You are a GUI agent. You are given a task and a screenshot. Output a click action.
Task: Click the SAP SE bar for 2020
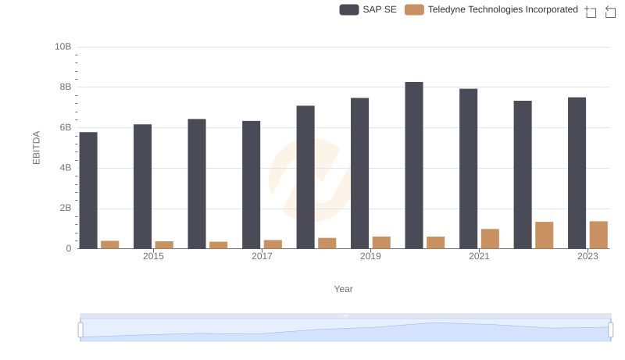[x=414, y=166]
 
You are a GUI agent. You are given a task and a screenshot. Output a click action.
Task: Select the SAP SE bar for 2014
[x=88, y=191]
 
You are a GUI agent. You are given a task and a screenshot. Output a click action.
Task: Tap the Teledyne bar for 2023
[x=598, y=235]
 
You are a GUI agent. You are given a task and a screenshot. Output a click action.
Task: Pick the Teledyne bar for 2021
[x=490, y=239]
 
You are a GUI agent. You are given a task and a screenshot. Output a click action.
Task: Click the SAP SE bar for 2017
[x=251, y=185]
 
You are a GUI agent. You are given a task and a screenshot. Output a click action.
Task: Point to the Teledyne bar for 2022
[x=545, y=235]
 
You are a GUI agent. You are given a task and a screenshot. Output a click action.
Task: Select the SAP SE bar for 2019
[x=359, y=173]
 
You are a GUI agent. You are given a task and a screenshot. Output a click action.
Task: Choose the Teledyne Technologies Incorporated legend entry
[x=491, y=9]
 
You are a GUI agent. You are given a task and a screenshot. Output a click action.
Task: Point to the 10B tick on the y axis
[x=62, y=47]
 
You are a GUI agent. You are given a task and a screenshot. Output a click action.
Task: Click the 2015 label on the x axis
[x=153, y=257]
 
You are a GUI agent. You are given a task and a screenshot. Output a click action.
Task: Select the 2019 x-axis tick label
[x=370, y=257]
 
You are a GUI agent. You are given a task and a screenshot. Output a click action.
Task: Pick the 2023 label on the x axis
[x=587, y=257]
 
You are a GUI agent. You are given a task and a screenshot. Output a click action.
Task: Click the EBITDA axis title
[x=36, y=148]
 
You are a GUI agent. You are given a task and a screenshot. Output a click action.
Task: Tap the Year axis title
[x=344, y=289]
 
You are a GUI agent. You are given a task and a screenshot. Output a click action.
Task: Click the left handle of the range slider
[x=80, y=330]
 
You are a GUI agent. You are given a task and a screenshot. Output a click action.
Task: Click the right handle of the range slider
[x=611, y=330]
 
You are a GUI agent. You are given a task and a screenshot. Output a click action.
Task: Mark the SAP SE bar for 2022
[x=523, y=175]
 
